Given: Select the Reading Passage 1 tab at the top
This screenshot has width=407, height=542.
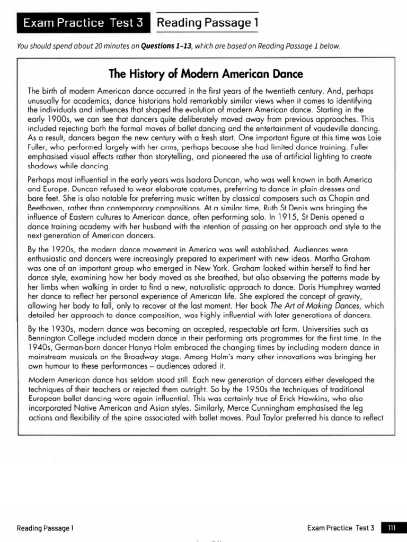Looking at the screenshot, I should (x=207, y=23).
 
